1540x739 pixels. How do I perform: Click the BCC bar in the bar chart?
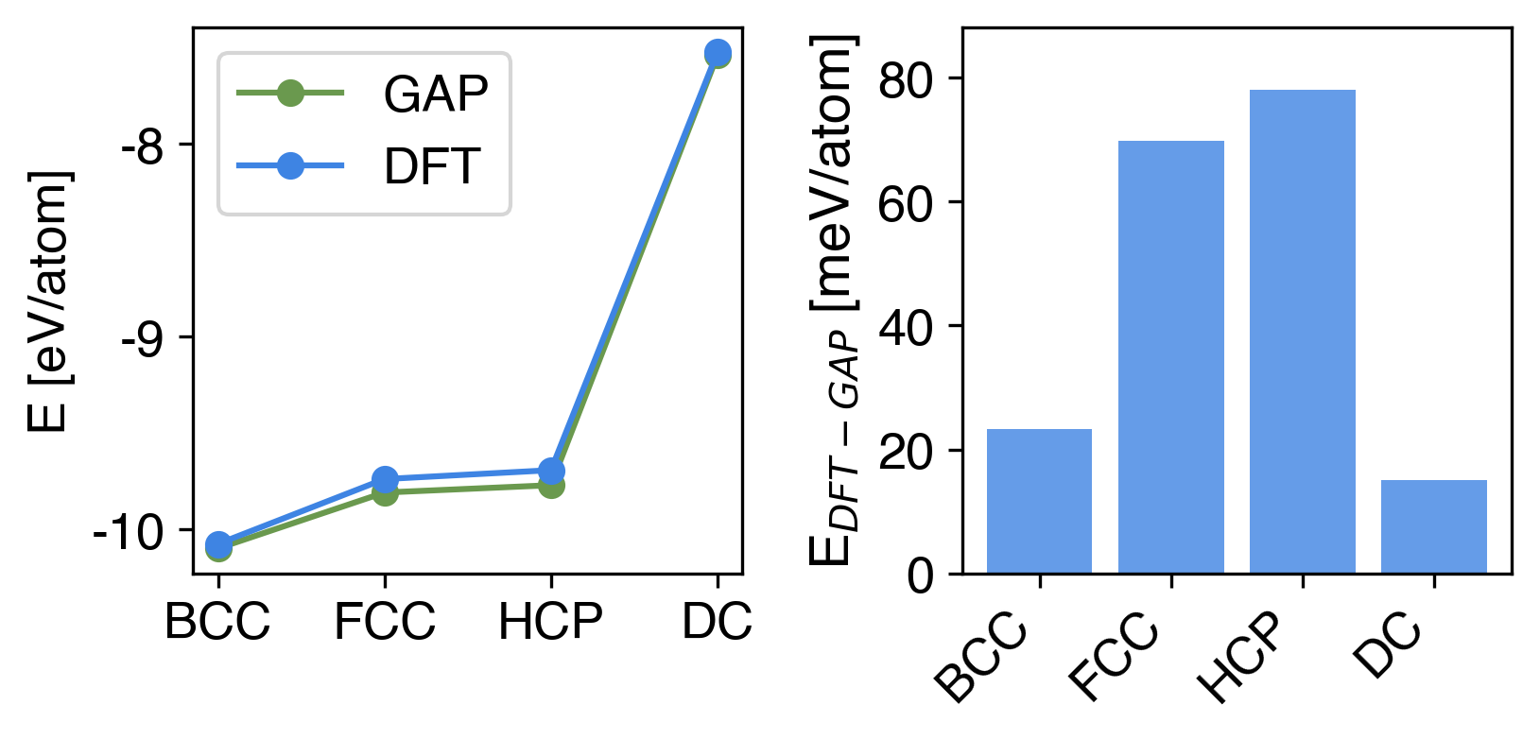[1039, 501]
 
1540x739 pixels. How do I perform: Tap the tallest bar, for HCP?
[1302, 332]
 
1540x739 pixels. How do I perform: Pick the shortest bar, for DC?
[1433, 526]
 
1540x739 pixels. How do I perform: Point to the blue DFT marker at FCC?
[385, 478]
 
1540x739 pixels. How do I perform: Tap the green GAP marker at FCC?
[385, 494]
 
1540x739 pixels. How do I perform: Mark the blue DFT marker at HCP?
[551, 470]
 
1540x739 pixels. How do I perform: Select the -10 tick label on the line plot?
[130, 533]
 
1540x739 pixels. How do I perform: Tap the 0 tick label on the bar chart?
[920, 576]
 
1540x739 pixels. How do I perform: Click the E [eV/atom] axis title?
[49, 301]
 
